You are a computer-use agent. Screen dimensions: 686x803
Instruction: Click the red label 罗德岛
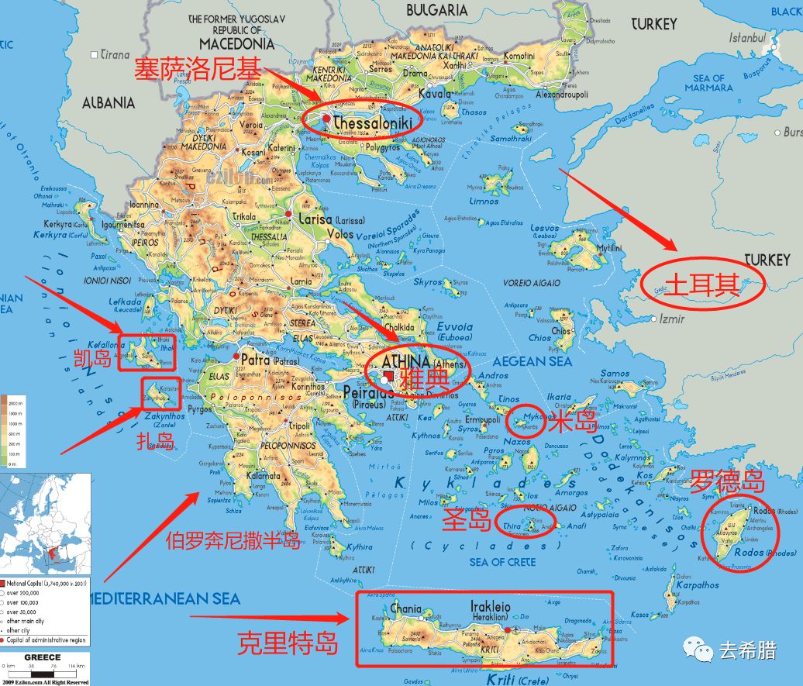coord(727,481)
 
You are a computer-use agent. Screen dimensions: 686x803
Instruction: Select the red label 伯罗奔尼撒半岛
coord(232,540)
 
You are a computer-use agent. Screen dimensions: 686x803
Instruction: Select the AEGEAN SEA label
coord(534,361)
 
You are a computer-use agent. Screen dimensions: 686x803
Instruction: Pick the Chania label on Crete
coord(406,608)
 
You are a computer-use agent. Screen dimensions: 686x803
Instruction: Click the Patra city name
coord(260,360)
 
